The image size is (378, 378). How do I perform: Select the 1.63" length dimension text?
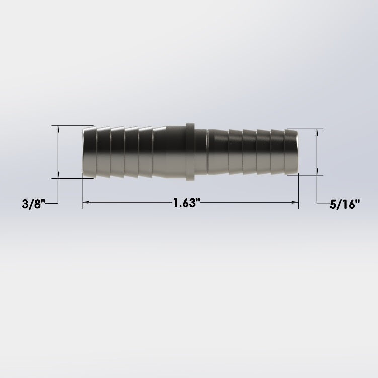tap(187, 203)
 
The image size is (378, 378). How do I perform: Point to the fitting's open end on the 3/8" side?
tap(84, 152)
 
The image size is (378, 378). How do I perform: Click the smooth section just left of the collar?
tap(171, 152)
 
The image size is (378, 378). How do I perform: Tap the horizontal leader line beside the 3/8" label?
tap(54, 203)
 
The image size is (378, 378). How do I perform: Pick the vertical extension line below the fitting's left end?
tap(82, 191)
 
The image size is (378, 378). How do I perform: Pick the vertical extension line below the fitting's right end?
tap(298, 191)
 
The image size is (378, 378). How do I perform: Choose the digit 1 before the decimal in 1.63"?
tap(176, 203)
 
